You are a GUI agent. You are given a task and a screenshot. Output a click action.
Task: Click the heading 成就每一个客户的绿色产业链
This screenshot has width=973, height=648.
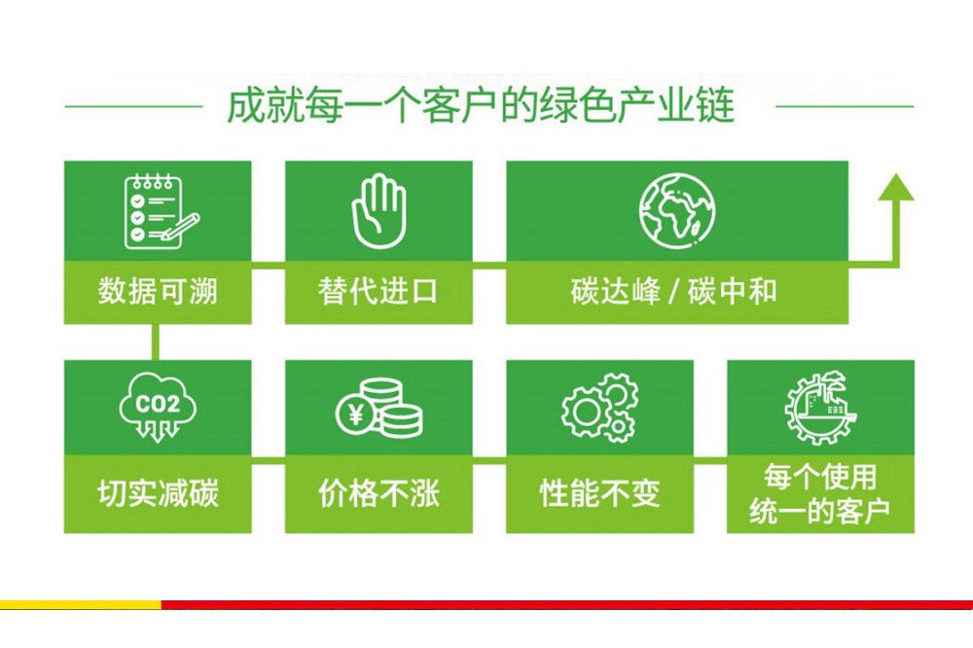click(x=481, y=106)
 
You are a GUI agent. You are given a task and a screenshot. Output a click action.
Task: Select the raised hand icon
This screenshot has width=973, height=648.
click(x=378, y=211)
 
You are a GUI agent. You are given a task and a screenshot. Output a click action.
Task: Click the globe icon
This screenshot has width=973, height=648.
click(x=677, y=211)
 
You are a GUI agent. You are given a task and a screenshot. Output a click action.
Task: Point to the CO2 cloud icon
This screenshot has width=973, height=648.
click(x=158, y=407)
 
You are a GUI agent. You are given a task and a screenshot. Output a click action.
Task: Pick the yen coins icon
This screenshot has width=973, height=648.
click(x=379, y=408)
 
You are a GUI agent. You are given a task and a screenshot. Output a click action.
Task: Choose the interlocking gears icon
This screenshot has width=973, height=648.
click(x=599, y=408)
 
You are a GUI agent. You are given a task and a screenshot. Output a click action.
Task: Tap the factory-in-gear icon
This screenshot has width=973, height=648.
click(x=820, y=408)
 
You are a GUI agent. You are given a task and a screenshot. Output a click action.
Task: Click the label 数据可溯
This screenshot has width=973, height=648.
click(x=158, y=291)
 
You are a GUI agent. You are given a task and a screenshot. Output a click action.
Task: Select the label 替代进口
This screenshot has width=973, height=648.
click(x=378, y=291)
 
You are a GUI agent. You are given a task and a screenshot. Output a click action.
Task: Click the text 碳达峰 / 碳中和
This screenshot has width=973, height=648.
click(x=674, y=291)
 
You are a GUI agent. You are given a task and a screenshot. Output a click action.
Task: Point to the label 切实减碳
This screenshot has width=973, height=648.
click(x=158, y=493)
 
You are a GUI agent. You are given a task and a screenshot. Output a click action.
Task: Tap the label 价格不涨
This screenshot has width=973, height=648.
click(x=378, y=493)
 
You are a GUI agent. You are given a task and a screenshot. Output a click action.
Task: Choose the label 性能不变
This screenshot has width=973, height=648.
click(x=599, y=493)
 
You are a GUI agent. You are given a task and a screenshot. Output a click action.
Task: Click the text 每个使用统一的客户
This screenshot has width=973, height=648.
click(x=820, y=493)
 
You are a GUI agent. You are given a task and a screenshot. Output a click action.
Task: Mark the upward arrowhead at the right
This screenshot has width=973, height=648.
click(x=895, y=187)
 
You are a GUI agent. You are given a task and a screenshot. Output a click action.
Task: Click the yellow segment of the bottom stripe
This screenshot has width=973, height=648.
click(x=81, y=604)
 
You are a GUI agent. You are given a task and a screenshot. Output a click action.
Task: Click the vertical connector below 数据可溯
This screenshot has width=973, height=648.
click(x=155, y=342)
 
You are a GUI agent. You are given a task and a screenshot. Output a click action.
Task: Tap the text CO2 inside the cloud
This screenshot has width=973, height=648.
click(x=158, y=405)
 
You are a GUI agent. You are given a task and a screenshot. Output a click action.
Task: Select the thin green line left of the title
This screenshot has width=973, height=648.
click(x=133, y=106)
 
